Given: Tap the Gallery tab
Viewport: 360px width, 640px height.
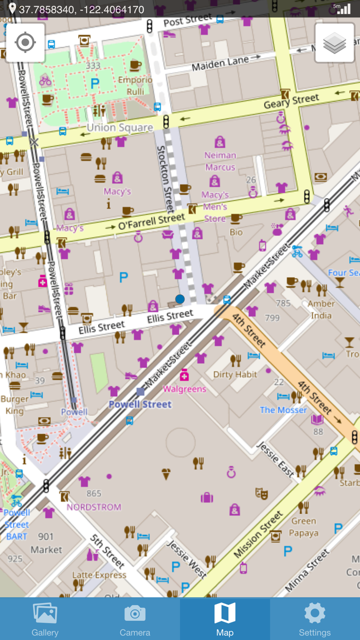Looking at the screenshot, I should pyautogui.click(x=45, y=619).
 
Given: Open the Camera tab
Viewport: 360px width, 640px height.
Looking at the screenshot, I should pyautogui.click(x=135, y=619).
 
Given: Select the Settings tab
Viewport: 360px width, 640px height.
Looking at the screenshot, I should pyautogui.click(x=314, y=619).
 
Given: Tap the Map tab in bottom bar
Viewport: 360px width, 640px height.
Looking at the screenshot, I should pyautogui.click(x=225, y=619).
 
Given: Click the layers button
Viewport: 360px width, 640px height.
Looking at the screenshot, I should pyautogui.click(x=334, y=43).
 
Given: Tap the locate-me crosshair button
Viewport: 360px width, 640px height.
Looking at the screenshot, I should pyautogui.click(x=25, y=43).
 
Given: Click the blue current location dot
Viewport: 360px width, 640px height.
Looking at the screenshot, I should pyautogui.click(x=179, y=299).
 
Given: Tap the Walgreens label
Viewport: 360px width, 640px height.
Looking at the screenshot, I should pyautogui.click(x=185, y=389).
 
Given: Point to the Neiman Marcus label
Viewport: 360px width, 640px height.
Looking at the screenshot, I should pyautogui.click(x=220, y=161).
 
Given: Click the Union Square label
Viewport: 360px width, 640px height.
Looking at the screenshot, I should pyautogui.click(x=120, y=128).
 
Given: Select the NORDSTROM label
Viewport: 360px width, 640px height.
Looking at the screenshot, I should pyautogui.click(x=94, y=507).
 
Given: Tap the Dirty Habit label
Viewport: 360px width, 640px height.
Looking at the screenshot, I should pyautogui.click(x=235, y=375).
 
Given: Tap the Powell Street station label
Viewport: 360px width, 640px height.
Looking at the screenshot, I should pyautogui.click(x=140, y=404).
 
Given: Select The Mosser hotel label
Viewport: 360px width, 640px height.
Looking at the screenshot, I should pyautogui.click(x=283, y=410).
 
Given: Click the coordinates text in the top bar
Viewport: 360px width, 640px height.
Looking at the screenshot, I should pyautogui.click(x=81, y=9).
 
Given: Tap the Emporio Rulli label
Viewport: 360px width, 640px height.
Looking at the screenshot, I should pyautogui.click(x=135, y=86).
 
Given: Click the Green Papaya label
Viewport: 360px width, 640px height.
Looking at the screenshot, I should pyautogui.click(x=303, y=527).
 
